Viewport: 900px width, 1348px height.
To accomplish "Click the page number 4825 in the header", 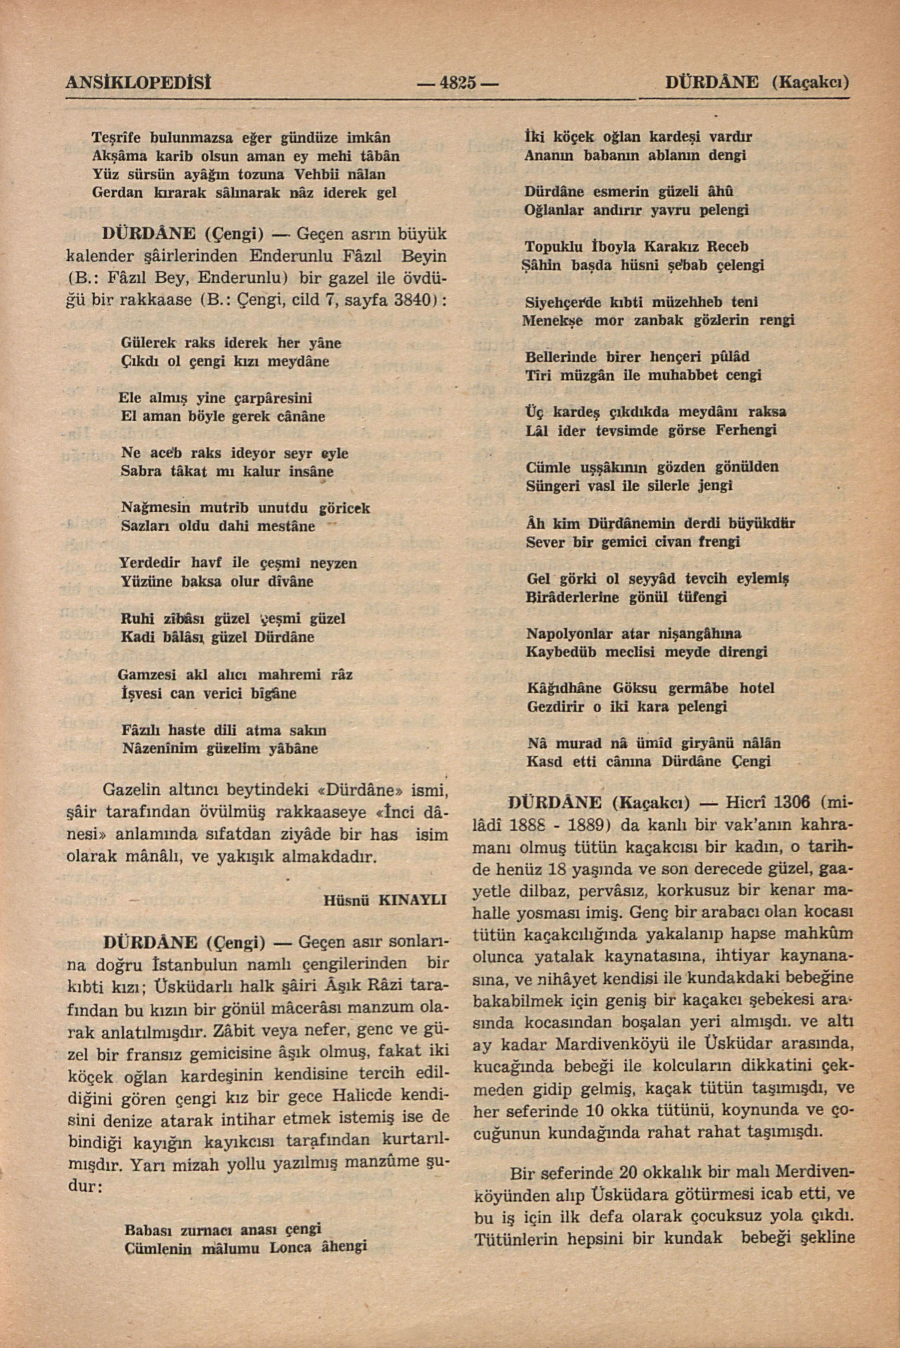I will pyautogui.click(x=457, y=83).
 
